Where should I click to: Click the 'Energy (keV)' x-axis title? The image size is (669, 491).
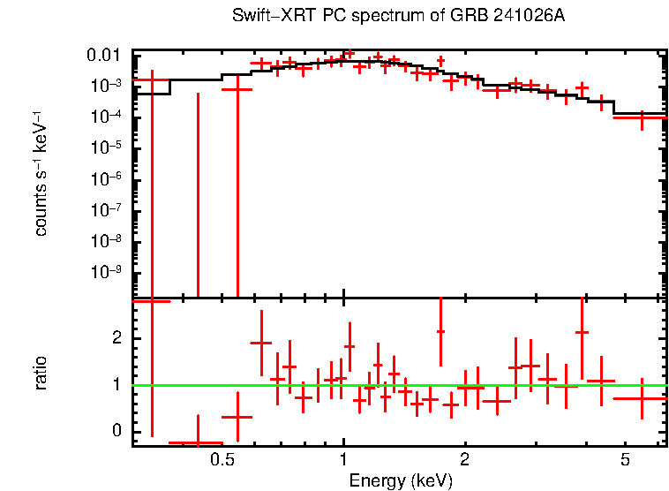coord(401,480)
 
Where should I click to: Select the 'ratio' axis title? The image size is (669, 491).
coord(41,373)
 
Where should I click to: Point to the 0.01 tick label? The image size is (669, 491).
coord(103,56)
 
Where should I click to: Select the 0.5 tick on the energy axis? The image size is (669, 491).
coord(222,460)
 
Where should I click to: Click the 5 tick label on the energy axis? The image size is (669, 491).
coord(624,460)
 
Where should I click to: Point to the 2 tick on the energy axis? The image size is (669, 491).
coord(464,460)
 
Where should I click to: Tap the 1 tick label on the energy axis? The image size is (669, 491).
coord(343,460)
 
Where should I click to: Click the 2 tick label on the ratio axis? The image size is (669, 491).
coord(115,338)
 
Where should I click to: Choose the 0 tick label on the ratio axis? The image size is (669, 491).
coord(115,431)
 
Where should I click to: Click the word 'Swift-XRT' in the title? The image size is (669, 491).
coord(265,17)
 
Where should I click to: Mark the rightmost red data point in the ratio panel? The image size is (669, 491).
coord(642,398)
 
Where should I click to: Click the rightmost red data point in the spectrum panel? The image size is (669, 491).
coord(642,117)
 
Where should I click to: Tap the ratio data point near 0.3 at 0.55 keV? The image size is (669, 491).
coord(237,417)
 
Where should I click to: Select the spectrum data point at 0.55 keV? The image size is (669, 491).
coord(237,89)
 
